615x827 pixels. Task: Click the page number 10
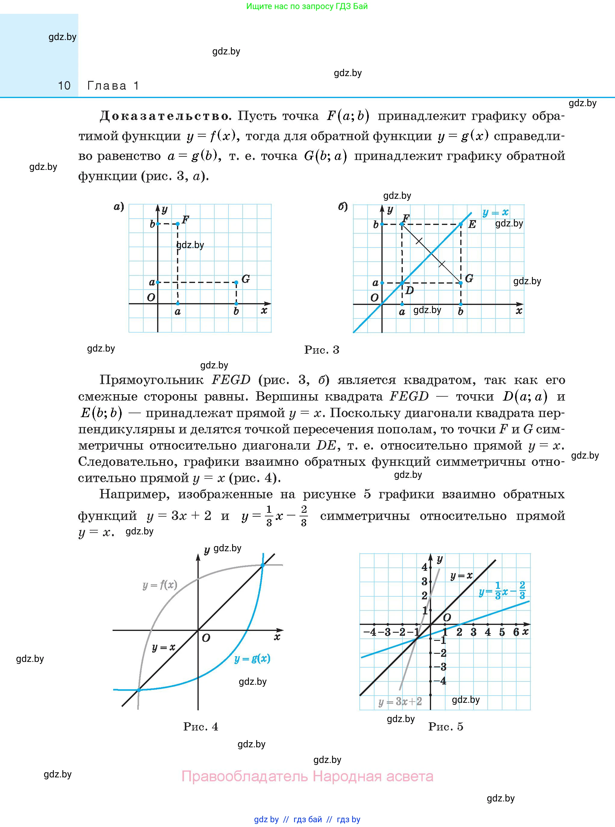(x=64, y=86)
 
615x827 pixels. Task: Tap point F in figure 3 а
(x=178, y=223)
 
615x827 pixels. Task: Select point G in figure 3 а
(x=236, y=282)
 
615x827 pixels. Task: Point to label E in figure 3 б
(x=472, y=224)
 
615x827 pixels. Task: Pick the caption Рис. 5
(x=446, y=726)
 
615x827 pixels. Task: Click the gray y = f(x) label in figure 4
(x=160, y=585)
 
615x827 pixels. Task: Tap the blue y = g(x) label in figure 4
(x=252, y=659)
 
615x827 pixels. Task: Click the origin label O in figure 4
(x=206, y=638)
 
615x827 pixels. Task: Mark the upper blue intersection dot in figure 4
(x=262, y=565)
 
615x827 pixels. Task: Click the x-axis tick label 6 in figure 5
(x=516, y=632)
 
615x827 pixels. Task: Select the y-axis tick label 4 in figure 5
(x=425, y=567)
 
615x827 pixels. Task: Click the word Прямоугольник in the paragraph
(x=151, y=380)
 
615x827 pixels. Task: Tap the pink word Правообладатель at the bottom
(x=245, y=776)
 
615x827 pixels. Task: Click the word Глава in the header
(x=107, y=86)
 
